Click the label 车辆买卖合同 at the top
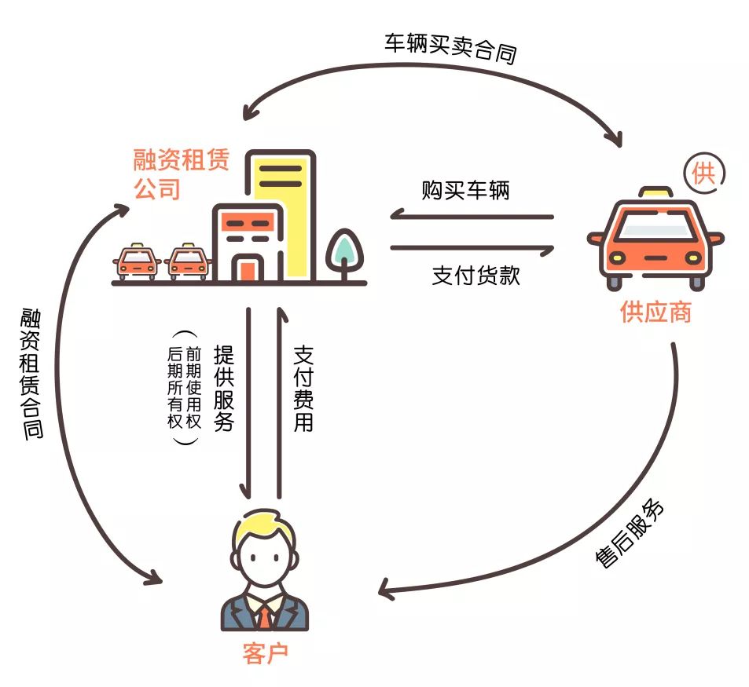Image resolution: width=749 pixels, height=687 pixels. (x=450, y=49)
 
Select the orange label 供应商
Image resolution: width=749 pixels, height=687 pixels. (x=655, y=312)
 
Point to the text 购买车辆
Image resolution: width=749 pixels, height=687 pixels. (x=465, y=190)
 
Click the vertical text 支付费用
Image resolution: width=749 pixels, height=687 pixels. (x=303, y=388)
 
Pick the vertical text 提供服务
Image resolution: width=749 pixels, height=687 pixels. (x=223, y=388)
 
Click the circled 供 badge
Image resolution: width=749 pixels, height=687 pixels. (x=703, y=174)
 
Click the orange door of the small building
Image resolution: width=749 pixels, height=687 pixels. (x=247, y=269)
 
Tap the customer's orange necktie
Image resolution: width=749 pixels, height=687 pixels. (x=266, y=616)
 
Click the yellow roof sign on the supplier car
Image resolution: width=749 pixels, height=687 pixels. (x=654, y=192)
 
